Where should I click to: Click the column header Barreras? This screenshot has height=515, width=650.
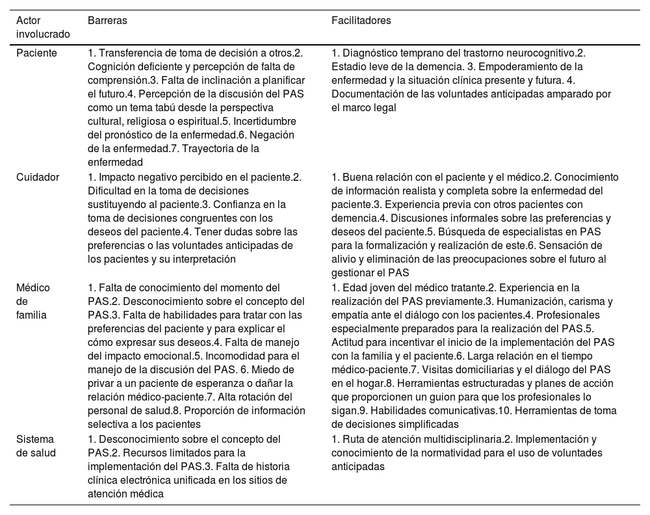pyautogui.click(x=107, y=21)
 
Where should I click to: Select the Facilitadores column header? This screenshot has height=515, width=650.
pyautogui.click(x=361, y=21)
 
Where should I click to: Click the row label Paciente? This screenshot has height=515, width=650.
pyautogui.click(x=36, y=53)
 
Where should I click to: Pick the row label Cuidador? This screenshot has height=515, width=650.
pyautogui.click(x=38, y=177)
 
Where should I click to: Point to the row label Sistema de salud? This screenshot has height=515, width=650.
pyautogui.click(x=36, y=445)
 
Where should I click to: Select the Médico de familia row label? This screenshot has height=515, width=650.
pyautogui.click(x=33, y=301)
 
